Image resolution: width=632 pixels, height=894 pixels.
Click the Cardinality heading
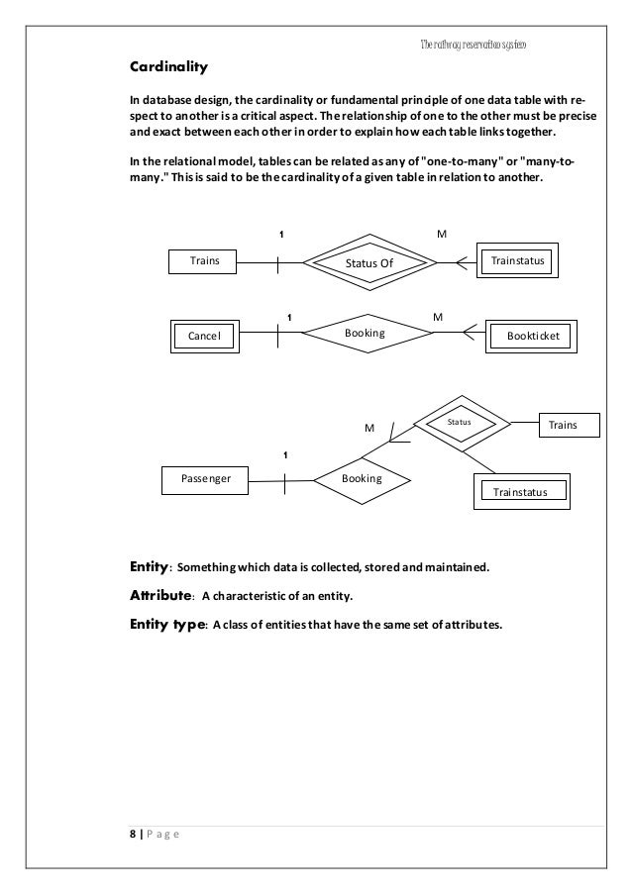click(x=169, y=68)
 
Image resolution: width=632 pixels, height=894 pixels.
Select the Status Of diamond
click(x=369, y=262)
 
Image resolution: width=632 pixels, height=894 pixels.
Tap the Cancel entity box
click(x=204, y=336)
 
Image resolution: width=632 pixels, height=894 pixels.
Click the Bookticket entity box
click(x=532, y=336)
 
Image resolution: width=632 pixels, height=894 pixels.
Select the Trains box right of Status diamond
click(x=570, y=425)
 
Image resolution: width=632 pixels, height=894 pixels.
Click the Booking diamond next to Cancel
click(x=365, y=335)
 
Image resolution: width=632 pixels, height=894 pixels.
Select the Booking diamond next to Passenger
click(x=361, y=477)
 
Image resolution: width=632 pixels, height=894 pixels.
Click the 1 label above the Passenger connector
click(x=284, y=454)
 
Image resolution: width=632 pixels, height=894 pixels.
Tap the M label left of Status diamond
click(x=369, y=428)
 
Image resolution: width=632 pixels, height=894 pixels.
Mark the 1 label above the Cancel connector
click(x=287, y=317)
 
